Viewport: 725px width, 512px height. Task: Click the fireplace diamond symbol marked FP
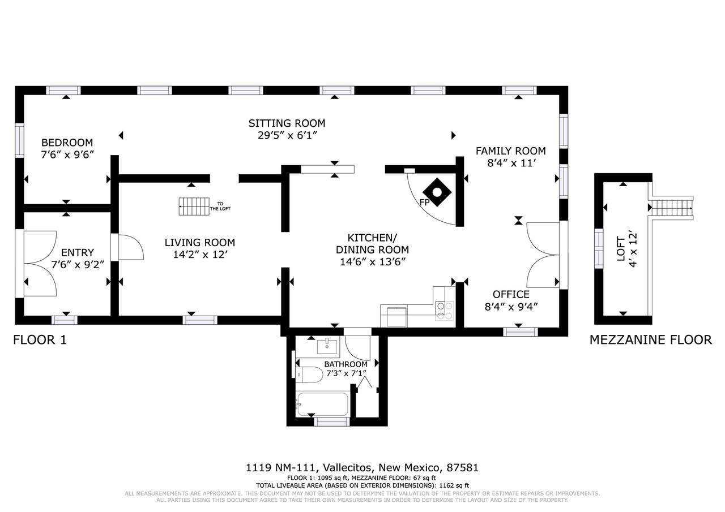point(437,192)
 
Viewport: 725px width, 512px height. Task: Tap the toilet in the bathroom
point(309,375)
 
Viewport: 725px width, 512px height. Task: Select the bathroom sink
point(327,347)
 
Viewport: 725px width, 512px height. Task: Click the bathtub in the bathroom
point(322,405)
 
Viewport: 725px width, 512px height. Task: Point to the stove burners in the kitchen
point(445,311)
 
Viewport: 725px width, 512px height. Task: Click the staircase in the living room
point(194,206)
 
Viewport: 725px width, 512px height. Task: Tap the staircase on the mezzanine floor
point(672,208)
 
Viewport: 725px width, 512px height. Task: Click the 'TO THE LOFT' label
point(220,206)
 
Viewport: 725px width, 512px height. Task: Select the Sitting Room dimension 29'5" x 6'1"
point(287,135)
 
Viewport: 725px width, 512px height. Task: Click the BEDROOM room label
point(67,143)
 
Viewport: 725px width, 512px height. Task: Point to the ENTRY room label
point(78,252)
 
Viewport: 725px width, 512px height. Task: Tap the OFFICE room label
point(511,294)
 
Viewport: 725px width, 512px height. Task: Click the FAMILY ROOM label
point(511,151)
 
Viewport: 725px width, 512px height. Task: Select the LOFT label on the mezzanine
point(621,249)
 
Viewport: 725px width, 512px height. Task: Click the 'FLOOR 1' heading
point(40,340)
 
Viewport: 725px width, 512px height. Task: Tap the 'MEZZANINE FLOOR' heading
point(651,339)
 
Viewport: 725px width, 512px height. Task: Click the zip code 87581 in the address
point(462,468)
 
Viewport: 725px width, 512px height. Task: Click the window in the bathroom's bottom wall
point(332,422)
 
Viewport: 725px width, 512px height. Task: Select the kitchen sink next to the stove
point(396,316)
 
